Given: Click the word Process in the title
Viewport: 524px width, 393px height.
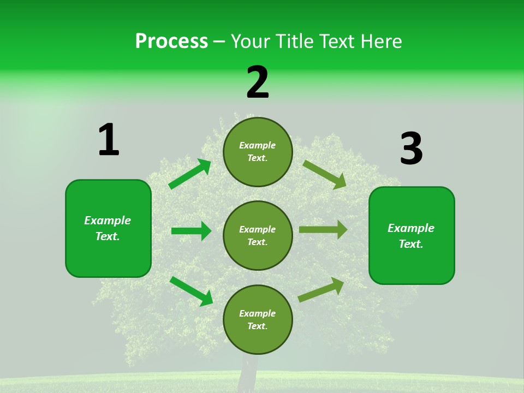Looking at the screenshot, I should click(x=171, y=41).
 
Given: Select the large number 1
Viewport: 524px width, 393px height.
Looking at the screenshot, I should click(x=109, y=140).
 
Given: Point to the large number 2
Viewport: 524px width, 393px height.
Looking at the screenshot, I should click(x=258, y=82).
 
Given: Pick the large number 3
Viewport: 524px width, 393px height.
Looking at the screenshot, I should click(x=411, y=149).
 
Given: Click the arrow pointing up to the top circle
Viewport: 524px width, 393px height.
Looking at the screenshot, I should click(x=190, y=174).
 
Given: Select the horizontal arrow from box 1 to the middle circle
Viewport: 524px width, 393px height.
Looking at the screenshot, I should click(x=191, y=231).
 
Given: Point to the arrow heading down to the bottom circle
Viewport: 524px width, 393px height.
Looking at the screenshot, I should click(x=192, y=290).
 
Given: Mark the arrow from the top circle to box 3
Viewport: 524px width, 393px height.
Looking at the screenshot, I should click(x=325, y=174).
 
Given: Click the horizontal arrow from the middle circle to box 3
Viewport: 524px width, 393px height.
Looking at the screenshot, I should click(x=323, y=230).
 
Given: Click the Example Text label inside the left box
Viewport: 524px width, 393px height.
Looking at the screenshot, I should click(x=108, y=228).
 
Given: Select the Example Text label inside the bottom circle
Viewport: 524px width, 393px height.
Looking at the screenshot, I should click(x=257, y=319).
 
